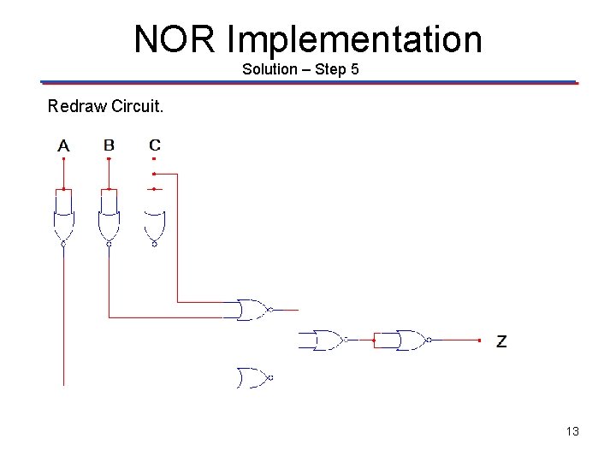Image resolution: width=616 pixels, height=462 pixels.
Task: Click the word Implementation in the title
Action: tap(355, 39)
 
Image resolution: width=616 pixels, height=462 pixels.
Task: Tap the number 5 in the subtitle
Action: tap(353, 68)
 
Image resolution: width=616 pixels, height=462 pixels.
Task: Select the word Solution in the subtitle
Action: tap(268, 68)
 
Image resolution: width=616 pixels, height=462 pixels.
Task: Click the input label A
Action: tap(63, 146)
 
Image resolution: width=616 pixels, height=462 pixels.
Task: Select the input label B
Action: tap(109, 145)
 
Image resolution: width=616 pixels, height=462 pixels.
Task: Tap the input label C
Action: tap(154, 145)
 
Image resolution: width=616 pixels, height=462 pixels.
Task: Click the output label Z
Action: tap(501, 341)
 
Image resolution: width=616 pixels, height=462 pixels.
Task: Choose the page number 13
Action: tap(572, 431)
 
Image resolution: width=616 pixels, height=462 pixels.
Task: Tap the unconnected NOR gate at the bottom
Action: tap(253, 376)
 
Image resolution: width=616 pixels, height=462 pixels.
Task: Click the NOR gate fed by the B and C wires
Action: tap(252, 310)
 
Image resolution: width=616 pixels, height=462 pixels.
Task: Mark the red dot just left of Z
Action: tap(480, 341)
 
